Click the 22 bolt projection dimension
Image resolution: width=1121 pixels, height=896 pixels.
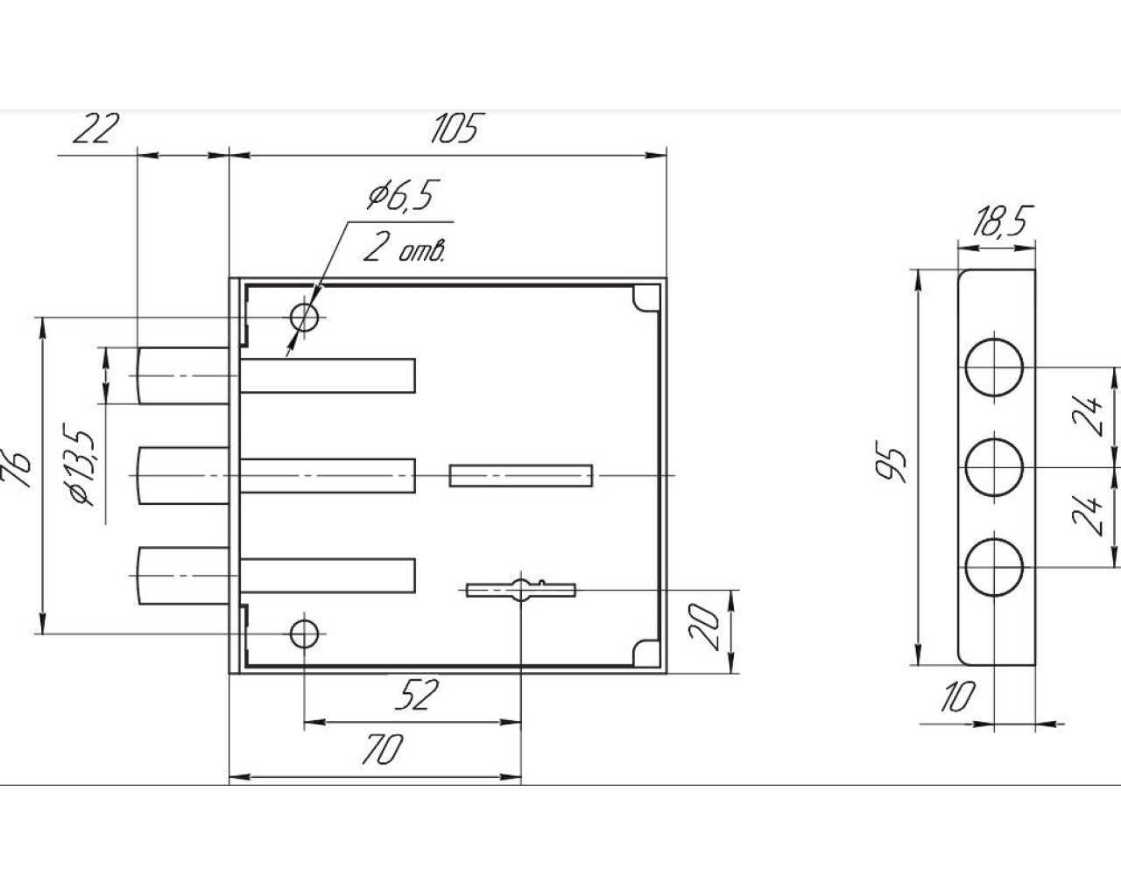coord(95,130)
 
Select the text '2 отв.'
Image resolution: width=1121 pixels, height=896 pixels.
coord(405,250)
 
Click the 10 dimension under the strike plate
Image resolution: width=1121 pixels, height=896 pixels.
coord(959,697)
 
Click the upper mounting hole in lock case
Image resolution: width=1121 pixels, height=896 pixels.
coord(305,317)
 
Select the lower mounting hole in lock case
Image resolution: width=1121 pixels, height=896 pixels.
coord(305,632)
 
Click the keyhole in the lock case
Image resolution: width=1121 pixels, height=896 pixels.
coord(521,590)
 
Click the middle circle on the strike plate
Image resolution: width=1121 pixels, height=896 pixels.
coord(995,468)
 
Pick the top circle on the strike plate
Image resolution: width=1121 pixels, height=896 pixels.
coord(995,367)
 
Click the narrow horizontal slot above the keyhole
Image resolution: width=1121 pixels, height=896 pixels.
coord(521,475)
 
